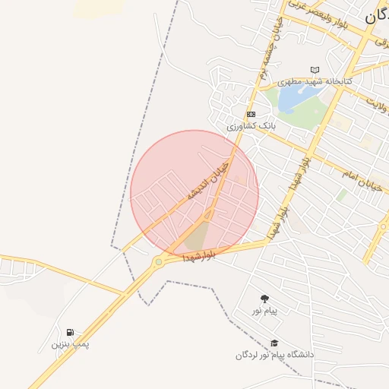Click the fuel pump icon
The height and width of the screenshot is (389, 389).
click(70, 332)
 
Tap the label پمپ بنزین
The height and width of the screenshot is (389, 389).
click(70, 344)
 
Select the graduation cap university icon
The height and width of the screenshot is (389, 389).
click(274, 343)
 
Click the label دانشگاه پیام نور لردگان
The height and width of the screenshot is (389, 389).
click(274, 355)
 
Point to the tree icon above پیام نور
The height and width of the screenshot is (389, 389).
click(264, 299)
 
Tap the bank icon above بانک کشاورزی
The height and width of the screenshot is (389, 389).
click(251, 114)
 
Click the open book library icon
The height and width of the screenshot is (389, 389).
click(315, 70)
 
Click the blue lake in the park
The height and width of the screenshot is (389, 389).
click(291, 97)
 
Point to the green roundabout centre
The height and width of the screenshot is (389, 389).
click(158, 263)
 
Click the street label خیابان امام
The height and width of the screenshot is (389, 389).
click(358, 180)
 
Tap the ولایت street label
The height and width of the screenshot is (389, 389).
click(378, 100)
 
